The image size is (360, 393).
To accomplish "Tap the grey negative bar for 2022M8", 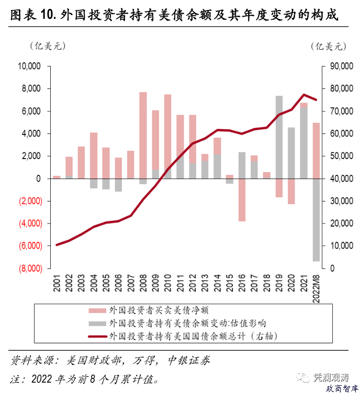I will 317,220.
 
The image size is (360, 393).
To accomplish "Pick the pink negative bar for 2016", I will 242,200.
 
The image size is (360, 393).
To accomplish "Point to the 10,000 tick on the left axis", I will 29,66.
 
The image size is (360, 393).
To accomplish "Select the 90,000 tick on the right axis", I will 339,66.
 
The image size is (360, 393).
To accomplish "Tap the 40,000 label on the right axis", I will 339,178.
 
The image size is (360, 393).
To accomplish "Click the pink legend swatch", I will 97,310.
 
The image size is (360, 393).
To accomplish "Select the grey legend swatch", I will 97,323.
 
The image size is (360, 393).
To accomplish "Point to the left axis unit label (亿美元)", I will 46,46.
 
